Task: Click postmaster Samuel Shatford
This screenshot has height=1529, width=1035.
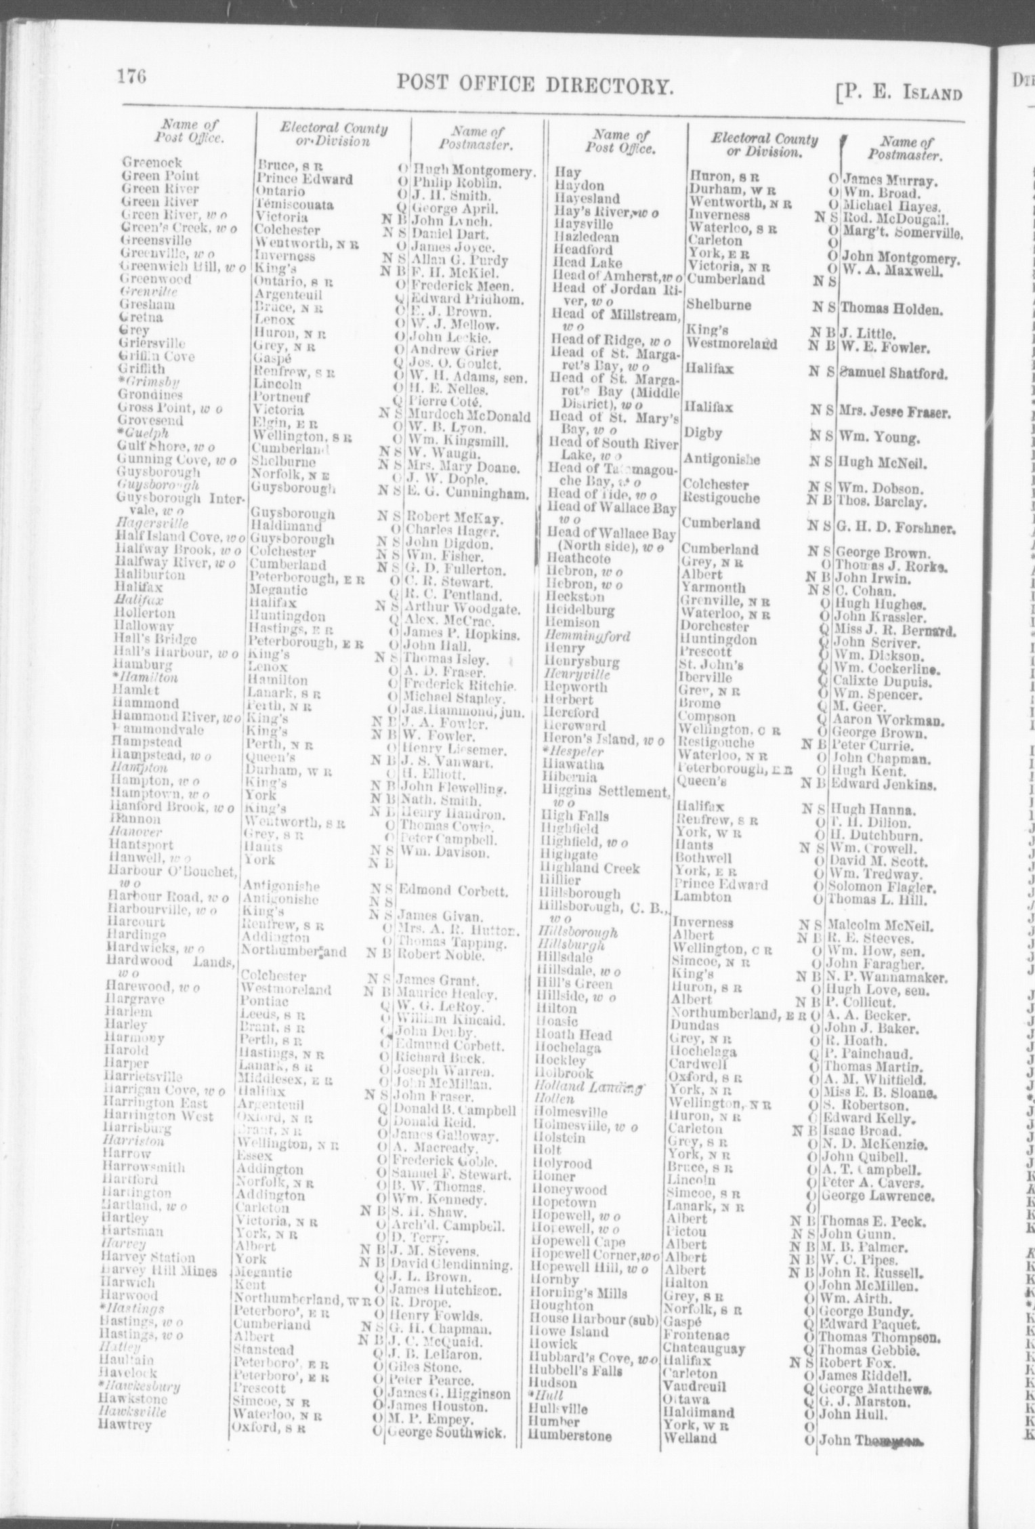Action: click(x=893, y=373)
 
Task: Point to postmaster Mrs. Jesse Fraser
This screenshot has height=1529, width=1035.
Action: click(x=895, y=412)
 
